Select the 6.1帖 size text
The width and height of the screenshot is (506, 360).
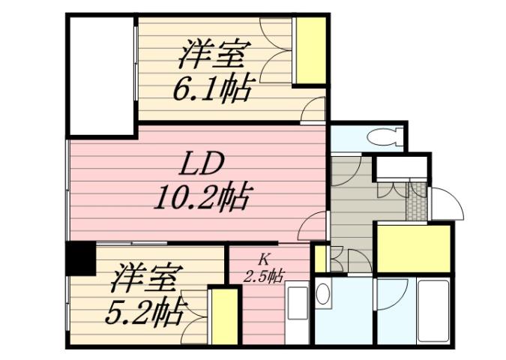click(213, 89)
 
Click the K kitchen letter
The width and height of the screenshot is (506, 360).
click(264, 259)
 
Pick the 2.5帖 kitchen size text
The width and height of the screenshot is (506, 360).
click(265, 274)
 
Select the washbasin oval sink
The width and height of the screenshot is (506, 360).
click(323, 295)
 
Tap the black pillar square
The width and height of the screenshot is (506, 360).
click(80, 259)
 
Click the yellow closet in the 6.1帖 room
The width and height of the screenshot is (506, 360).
click(309, 51)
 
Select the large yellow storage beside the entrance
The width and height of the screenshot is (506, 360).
click(415, 247)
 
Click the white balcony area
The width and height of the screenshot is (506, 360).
click(100, 75)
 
